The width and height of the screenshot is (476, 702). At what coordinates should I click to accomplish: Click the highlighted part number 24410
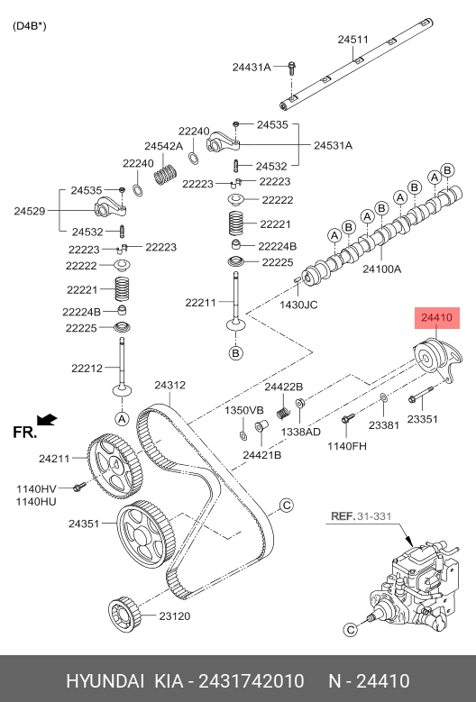coord(437,318)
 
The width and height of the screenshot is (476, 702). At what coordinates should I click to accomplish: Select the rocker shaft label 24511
coord(352,40)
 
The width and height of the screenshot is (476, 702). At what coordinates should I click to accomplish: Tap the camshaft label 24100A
coord(381,269)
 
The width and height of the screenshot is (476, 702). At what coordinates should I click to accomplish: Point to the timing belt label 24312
coord(170,385)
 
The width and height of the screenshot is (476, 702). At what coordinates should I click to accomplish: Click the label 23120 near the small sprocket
coord(175,616)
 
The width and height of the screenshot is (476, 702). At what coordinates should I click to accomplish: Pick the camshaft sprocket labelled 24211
coord(114,466)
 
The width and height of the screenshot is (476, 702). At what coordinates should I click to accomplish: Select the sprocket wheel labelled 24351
coord(145,535)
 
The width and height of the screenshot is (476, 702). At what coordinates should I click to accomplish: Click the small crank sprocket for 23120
coord(125,614)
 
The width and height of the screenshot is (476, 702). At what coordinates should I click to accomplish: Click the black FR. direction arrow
coord(47,420)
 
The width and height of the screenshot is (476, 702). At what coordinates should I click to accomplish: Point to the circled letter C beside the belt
coord(286,506)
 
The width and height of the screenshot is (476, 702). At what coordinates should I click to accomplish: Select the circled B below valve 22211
coord(235,353)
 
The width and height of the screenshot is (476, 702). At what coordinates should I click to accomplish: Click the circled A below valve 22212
coord(122,419)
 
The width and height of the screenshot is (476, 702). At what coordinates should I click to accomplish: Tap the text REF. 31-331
coord(361,516)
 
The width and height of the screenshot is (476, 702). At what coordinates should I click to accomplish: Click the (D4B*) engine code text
coord(29,26)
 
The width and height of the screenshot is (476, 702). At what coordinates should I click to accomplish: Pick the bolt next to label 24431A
coord(291,68)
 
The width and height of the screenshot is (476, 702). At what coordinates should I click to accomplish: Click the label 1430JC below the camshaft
coord(298,305)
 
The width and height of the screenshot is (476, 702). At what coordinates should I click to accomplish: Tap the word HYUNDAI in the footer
coord(105,681)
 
